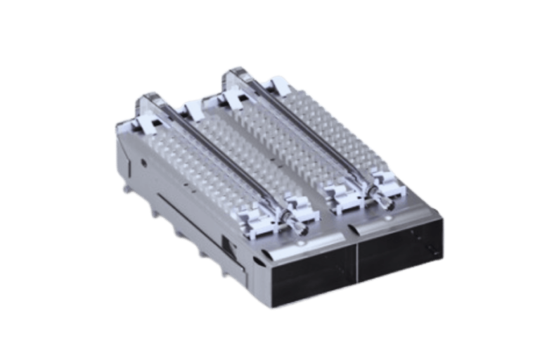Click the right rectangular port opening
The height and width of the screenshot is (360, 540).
[397, 261]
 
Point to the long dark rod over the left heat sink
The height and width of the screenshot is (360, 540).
[211, 157]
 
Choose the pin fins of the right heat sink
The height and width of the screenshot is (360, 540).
[316, 155]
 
